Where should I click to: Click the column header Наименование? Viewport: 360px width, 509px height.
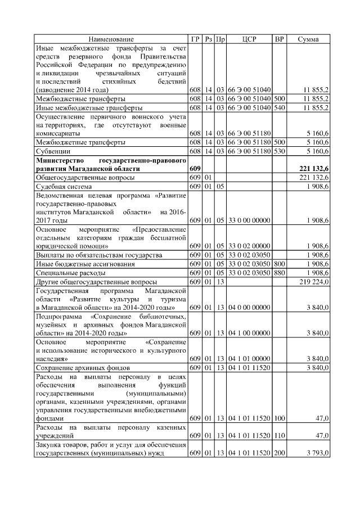coord(111,39)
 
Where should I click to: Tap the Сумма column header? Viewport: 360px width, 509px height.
coord(308,39)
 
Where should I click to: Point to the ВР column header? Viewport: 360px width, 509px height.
coord(279,39)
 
